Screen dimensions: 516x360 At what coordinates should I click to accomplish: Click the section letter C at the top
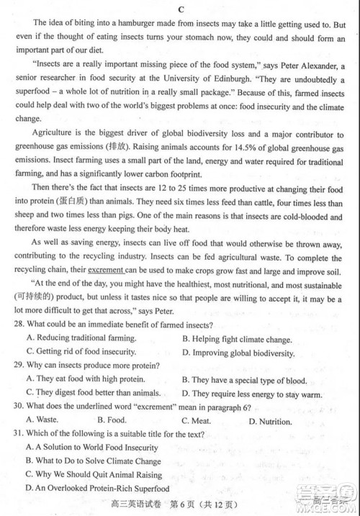(x=181, y=9)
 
